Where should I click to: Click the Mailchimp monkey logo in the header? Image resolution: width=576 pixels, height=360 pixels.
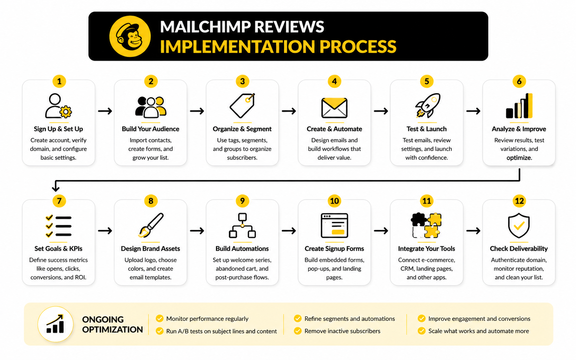click(130, 36)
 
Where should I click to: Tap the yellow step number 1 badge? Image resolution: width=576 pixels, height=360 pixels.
click(59, 81)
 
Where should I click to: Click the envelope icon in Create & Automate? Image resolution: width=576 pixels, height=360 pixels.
click(334, 108)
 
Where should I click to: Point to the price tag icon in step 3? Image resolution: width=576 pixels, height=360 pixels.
click(242, 106)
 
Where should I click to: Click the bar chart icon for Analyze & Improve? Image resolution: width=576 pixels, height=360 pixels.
click(519, 106)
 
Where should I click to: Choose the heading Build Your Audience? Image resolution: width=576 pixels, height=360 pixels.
click(150, 129)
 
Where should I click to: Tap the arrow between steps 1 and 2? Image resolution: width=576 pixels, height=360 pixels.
click(105, 111)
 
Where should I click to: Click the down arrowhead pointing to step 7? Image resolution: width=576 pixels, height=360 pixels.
click(56, 188)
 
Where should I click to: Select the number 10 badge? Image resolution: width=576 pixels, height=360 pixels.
click(334, 201)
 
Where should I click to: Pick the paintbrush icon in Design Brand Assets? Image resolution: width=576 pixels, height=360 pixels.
click(151, 225)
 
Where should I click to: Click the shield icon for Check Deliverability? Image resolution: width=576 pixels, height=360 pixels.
click(519, 225)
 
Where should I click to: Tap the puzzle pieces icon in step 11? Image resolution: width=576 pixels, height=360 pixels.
click(426, 225)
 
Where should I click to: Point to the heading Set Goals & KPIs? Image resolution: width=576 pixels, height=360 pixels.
click(58, 249)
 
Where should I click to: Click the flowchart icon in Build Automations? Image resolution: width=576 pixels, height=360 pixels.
click(242, 225)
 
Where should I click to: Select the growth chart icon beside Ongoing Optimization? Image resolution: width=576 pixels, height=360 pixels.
click(56, 324)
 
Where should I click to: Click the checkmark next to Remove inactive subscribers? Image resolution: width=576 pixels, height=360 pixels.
click(298, 331)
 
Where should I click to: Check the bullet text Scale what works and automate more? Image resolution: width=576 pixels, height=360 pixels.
click(478, 331)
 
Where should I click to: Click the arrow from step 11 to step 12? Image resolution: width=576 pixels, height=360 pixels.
click(473, 231)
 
